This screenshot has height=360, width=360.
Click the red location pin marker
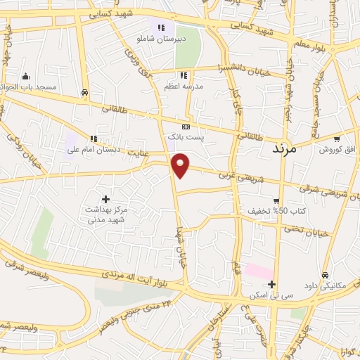pos(181,165)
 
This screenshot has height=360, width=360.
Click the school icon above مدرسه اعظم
pos(184,75)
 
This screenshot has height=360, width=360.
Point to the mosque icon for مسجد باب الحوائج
pos(25,77)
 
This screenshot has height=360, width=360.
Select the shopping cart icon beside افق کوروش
pos(337,139)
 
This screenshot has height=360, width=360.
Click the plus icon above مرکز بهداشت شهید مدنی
pos(106,199)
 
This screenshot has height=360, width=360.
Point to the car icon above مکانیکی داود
pos(325,274)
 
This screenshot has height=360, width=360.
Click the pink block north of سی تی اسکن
pos(258,271)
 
